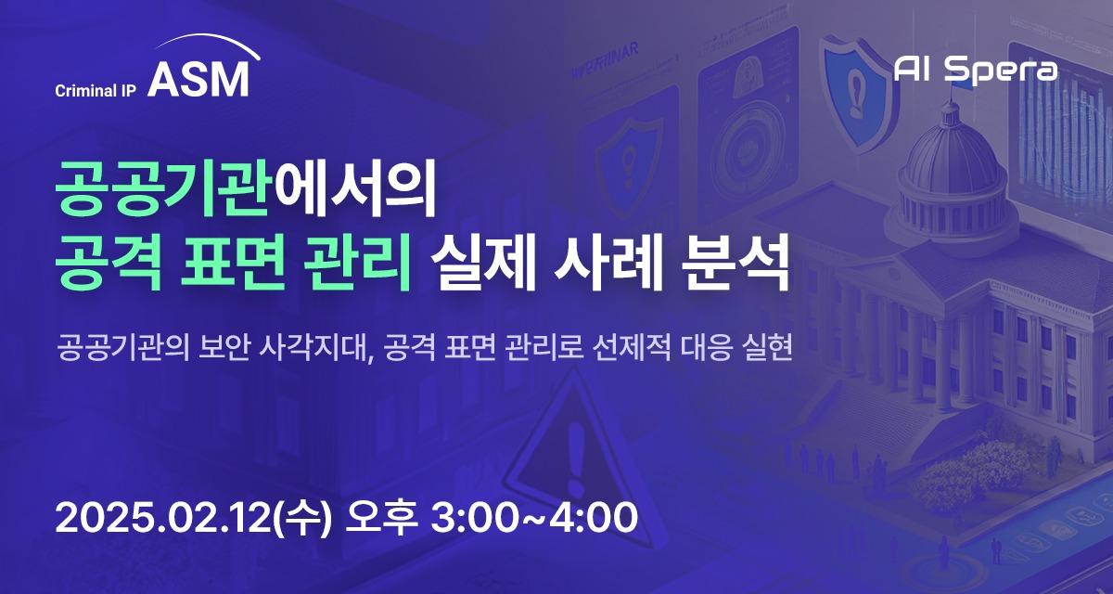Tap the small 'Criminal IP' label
96,90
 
